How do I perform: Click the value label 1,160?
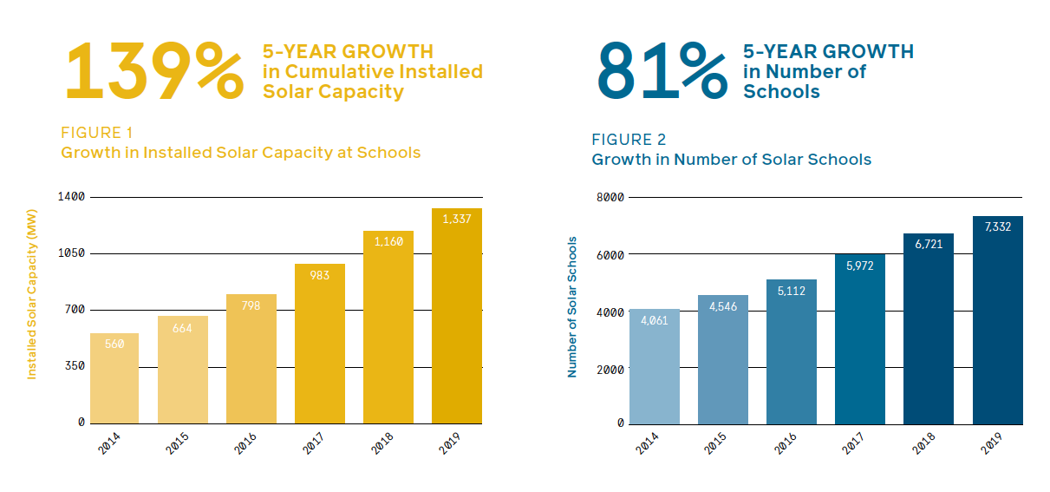pos(388,241)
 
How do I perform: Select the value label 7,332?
pos(998,226)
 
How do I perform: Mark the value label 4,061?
pos(654,320)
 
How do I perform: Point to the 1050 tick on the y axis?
pos(71,253)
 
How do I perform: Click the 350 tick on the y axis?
pos(75,366)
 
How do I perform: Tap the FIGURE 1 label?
pos(96,133)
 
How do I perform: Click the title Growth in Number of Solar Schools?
pos(731,160)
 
